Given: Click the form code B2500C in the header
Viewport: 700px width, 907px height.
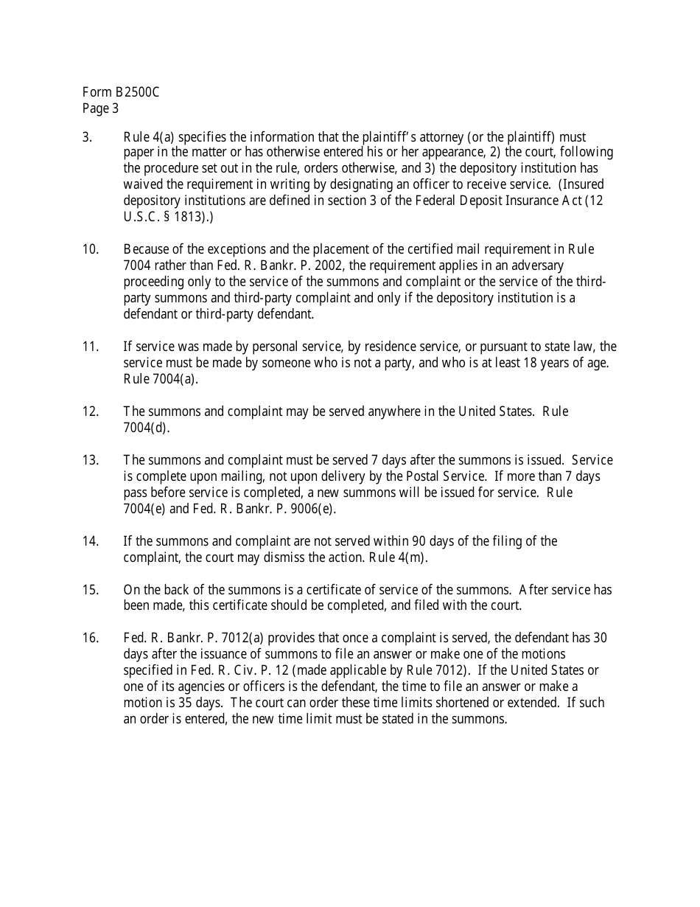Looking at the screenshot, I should coord(137,93).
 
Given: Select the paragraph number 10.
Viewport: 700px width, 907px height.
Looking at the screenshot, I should coord(90,249).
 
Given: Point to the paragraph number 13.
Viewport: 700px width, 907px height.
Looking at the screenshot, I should coord(90,460).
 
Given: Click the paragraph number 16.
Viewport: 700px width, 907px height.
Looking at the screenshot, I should coord(90,638).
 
